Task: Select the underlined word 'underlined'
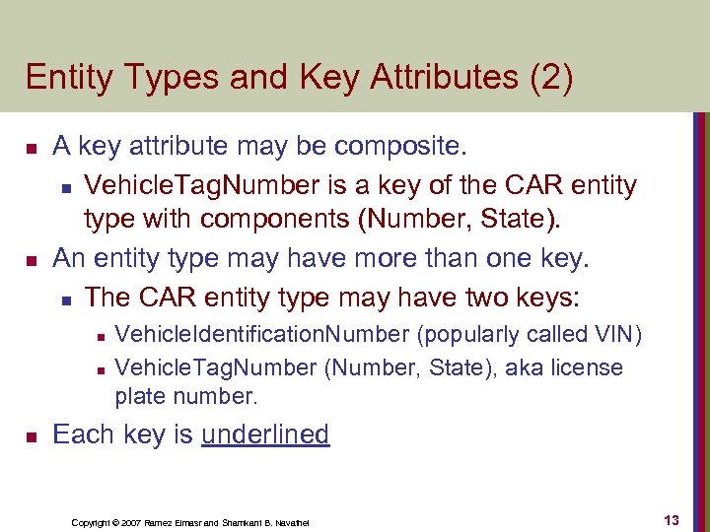pyautogui.click(x=265, y=434)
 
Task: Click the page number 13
pyautogui.click(x=672, y=520)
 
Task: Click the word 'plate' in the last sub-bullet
pyautogui.click(x=141, y=396)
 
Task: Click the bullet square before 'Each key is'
pyautogui.click(x=31, y=435)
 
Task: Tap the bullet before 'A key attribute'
pyautogui.click(x=31, y=149)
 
